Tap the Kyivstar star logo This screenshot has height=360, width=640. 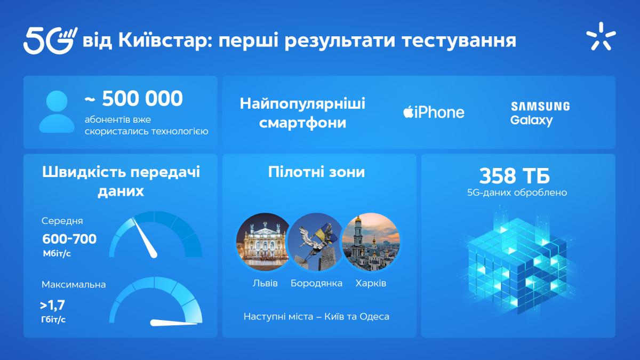click(601, 37)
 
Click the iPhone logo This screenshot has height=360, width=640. click(433, 112)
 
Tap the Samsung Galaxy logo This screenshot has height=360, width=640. click(539, 113)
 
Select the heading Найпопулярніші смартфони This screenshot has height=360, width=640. click(302, 113)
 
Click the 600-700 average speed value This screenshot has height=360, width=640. click(69, 239)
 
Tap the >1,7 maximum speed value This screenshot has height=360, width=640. click(52, 306)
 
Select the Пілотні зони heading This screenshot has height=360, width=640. click(317, 172)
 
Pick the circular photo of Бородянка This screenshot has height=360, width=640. click(316, 242)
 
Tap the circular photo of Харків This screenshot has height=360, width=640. click(370, 242)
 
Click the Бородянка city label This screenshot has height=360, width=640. click(316, 283)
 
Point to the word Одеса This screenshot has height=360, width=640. click(375, 317)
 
